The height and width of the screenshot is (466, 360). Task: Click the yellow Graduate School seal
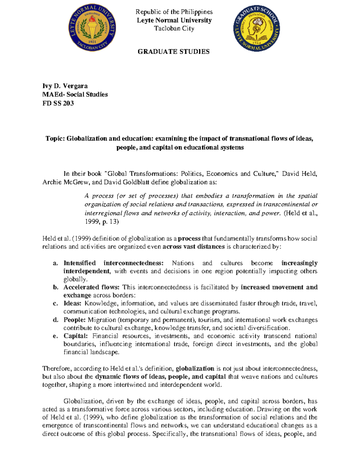(257, 29)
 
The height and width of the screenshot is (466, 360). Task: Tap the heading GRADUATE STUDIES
(174, 52)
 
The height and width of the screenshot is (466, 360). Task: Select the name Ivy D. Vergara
(65, 86)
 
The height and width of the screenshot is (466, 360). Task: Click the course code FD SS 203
(58, 103)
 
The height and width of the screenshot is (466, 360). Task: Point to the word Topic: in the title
(55, 139)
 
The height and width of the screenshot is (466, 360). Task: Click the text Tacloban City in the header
(174, 29)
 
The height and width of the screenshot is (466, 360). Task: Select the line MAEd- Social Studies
(75, 95)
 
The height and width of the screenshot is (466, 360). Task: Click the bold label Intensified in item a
(79, 263)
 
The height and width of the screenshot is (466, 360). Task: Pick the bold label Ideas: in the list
(72, 303)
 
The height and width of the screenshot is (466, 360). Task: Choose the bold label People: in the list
(74, 320)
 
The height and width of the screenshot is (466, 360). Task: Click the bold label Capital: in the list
(76, 336)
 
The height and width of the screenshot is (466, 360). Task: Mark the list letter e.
(55, 336)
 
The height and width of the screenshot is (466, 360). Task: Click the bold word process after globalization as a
(189, 239)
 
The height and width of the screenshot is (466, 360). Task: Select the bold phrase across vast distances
(193, 247)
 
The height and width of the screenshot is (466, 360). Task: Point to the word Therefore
(56, 368)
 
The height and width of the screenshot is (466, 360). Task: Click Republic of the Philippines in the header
(174, 12)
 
